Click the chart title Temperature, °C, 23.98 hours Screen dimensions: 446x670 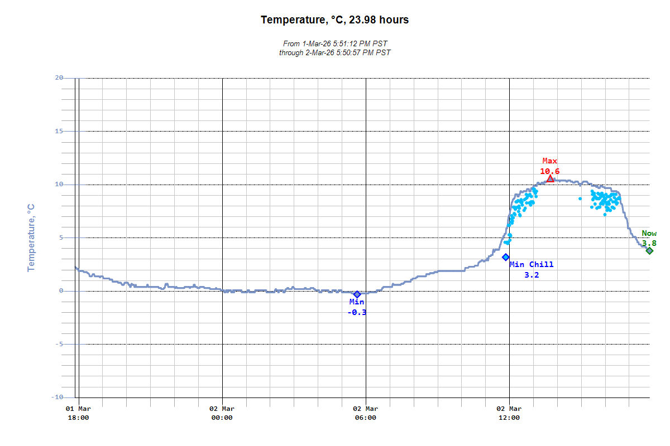click(334, 20)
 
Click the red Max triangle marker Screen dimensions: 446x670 click(550, 178)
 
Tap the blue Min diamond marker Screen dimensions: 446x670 click(357, 294)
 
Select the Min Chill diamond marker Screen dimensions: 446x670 click(506, 257)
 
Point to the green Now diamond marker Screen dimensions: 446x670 click(649, 251)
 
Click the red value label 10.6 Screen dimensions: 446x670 click(549, 171)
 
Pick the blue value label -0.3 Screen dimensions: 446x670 click(357, 312)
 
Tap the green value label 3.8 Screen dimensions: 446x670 click(649, 243)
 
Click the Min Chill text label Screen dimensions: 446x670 click(532, 264)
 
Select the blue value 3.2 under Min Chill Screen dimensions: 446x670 click(532, 275)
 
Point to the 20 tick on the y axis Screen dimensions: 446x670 click(59, 78)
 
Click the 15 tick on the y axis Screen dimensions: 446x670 click(59, 132)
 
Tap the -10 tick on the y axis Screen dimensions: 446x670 click(57, 397)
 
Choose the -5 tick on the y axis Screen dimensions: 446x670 click(59, 344)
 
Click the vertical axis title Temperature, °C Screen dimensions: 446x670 click(31, 237)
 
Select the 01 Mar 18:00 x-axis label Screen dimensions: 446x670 click(78, 413)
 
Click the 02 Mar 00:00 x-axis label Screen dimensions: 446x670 click(222, 413)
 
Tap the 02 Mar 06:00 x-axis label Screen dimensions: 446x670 click(366, 413)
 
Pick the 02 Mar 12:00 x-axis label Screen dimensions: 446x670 click(509, 413)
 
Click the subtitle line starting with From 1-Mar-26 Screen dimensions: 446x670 click(334, 43)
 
